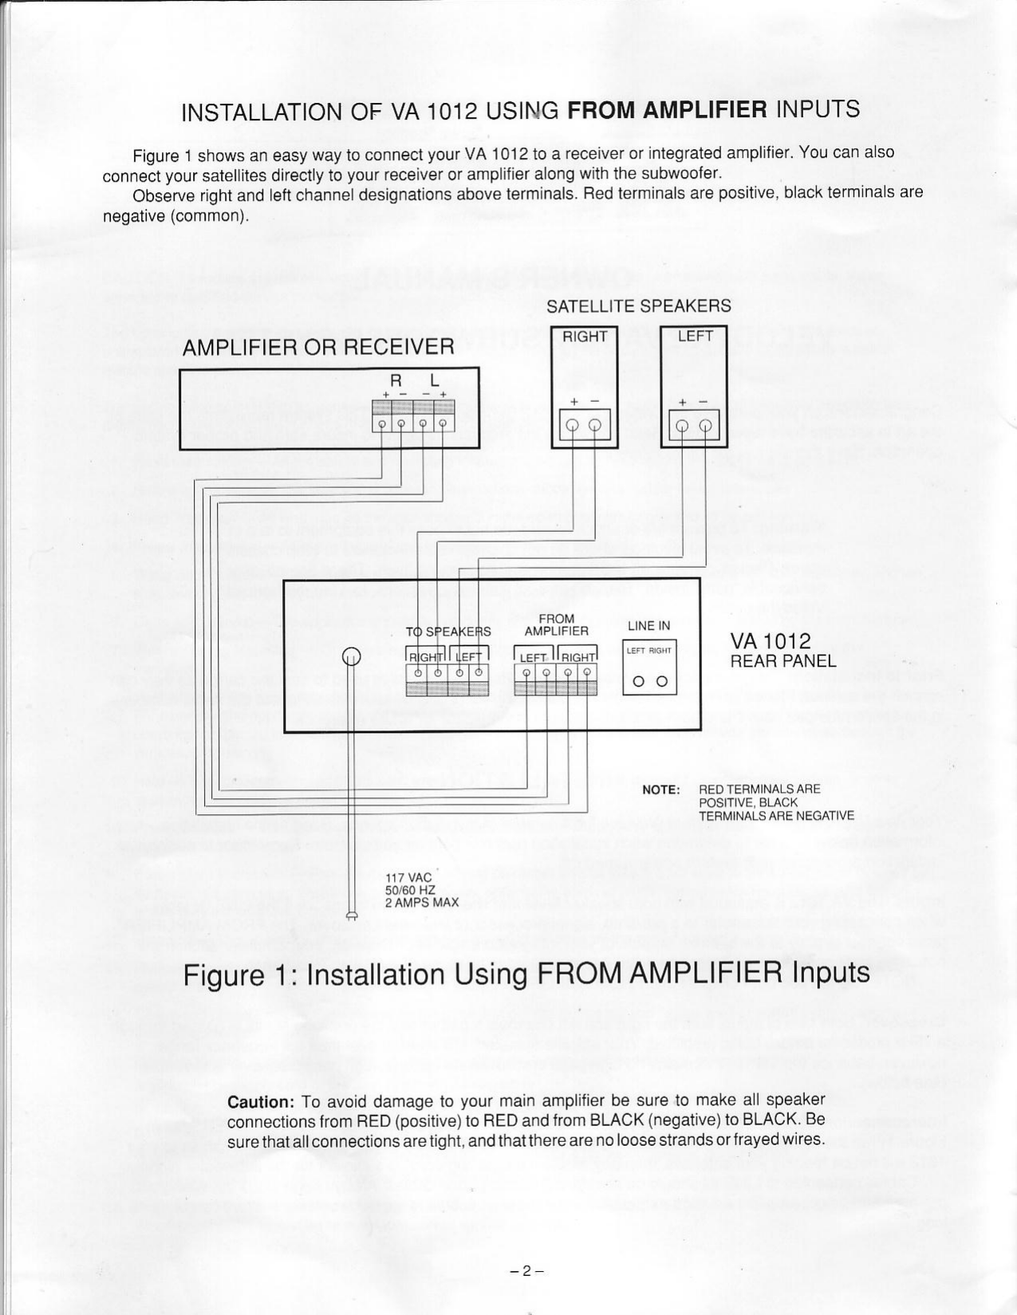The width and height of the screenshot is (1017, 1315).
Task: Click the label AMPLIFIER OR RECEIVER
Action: [318, 347]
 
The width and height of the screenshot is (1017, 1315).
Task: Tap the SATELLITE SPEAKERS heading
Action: [638, 306]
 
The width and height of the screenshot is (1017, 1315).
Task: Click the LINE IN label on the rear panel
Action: [648, 626]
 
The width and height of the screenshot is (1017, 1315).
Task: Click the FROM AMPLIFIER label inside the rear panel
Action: [556, 625]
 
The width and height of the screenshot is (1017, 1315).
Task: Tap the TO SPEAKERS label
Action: [448, 632]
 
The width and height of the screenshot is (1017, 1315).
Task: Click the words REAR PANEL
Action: [783, 661]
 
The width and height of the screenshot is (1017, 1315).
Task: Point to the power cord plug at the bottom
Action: [352, 915]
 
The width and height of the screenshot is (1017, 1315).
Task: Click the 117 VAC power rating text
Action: [408, 878]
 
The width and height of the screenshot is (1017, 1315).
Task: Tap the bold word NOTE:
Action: [661, 789]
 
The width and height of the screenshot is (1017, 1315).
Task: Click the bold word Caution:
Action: [261, 1102]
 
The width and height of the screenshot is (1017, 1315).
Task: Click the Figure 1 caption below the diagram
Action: [526, 974]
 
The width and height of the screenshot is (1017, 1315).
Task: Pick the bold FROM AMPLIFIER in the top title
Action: [667, 109]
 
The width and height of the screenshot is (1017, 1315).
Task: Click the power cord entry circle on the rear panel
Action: [352, 656]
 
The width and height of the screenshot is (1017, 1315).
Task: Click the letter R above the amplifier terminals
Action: [394, 381]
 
